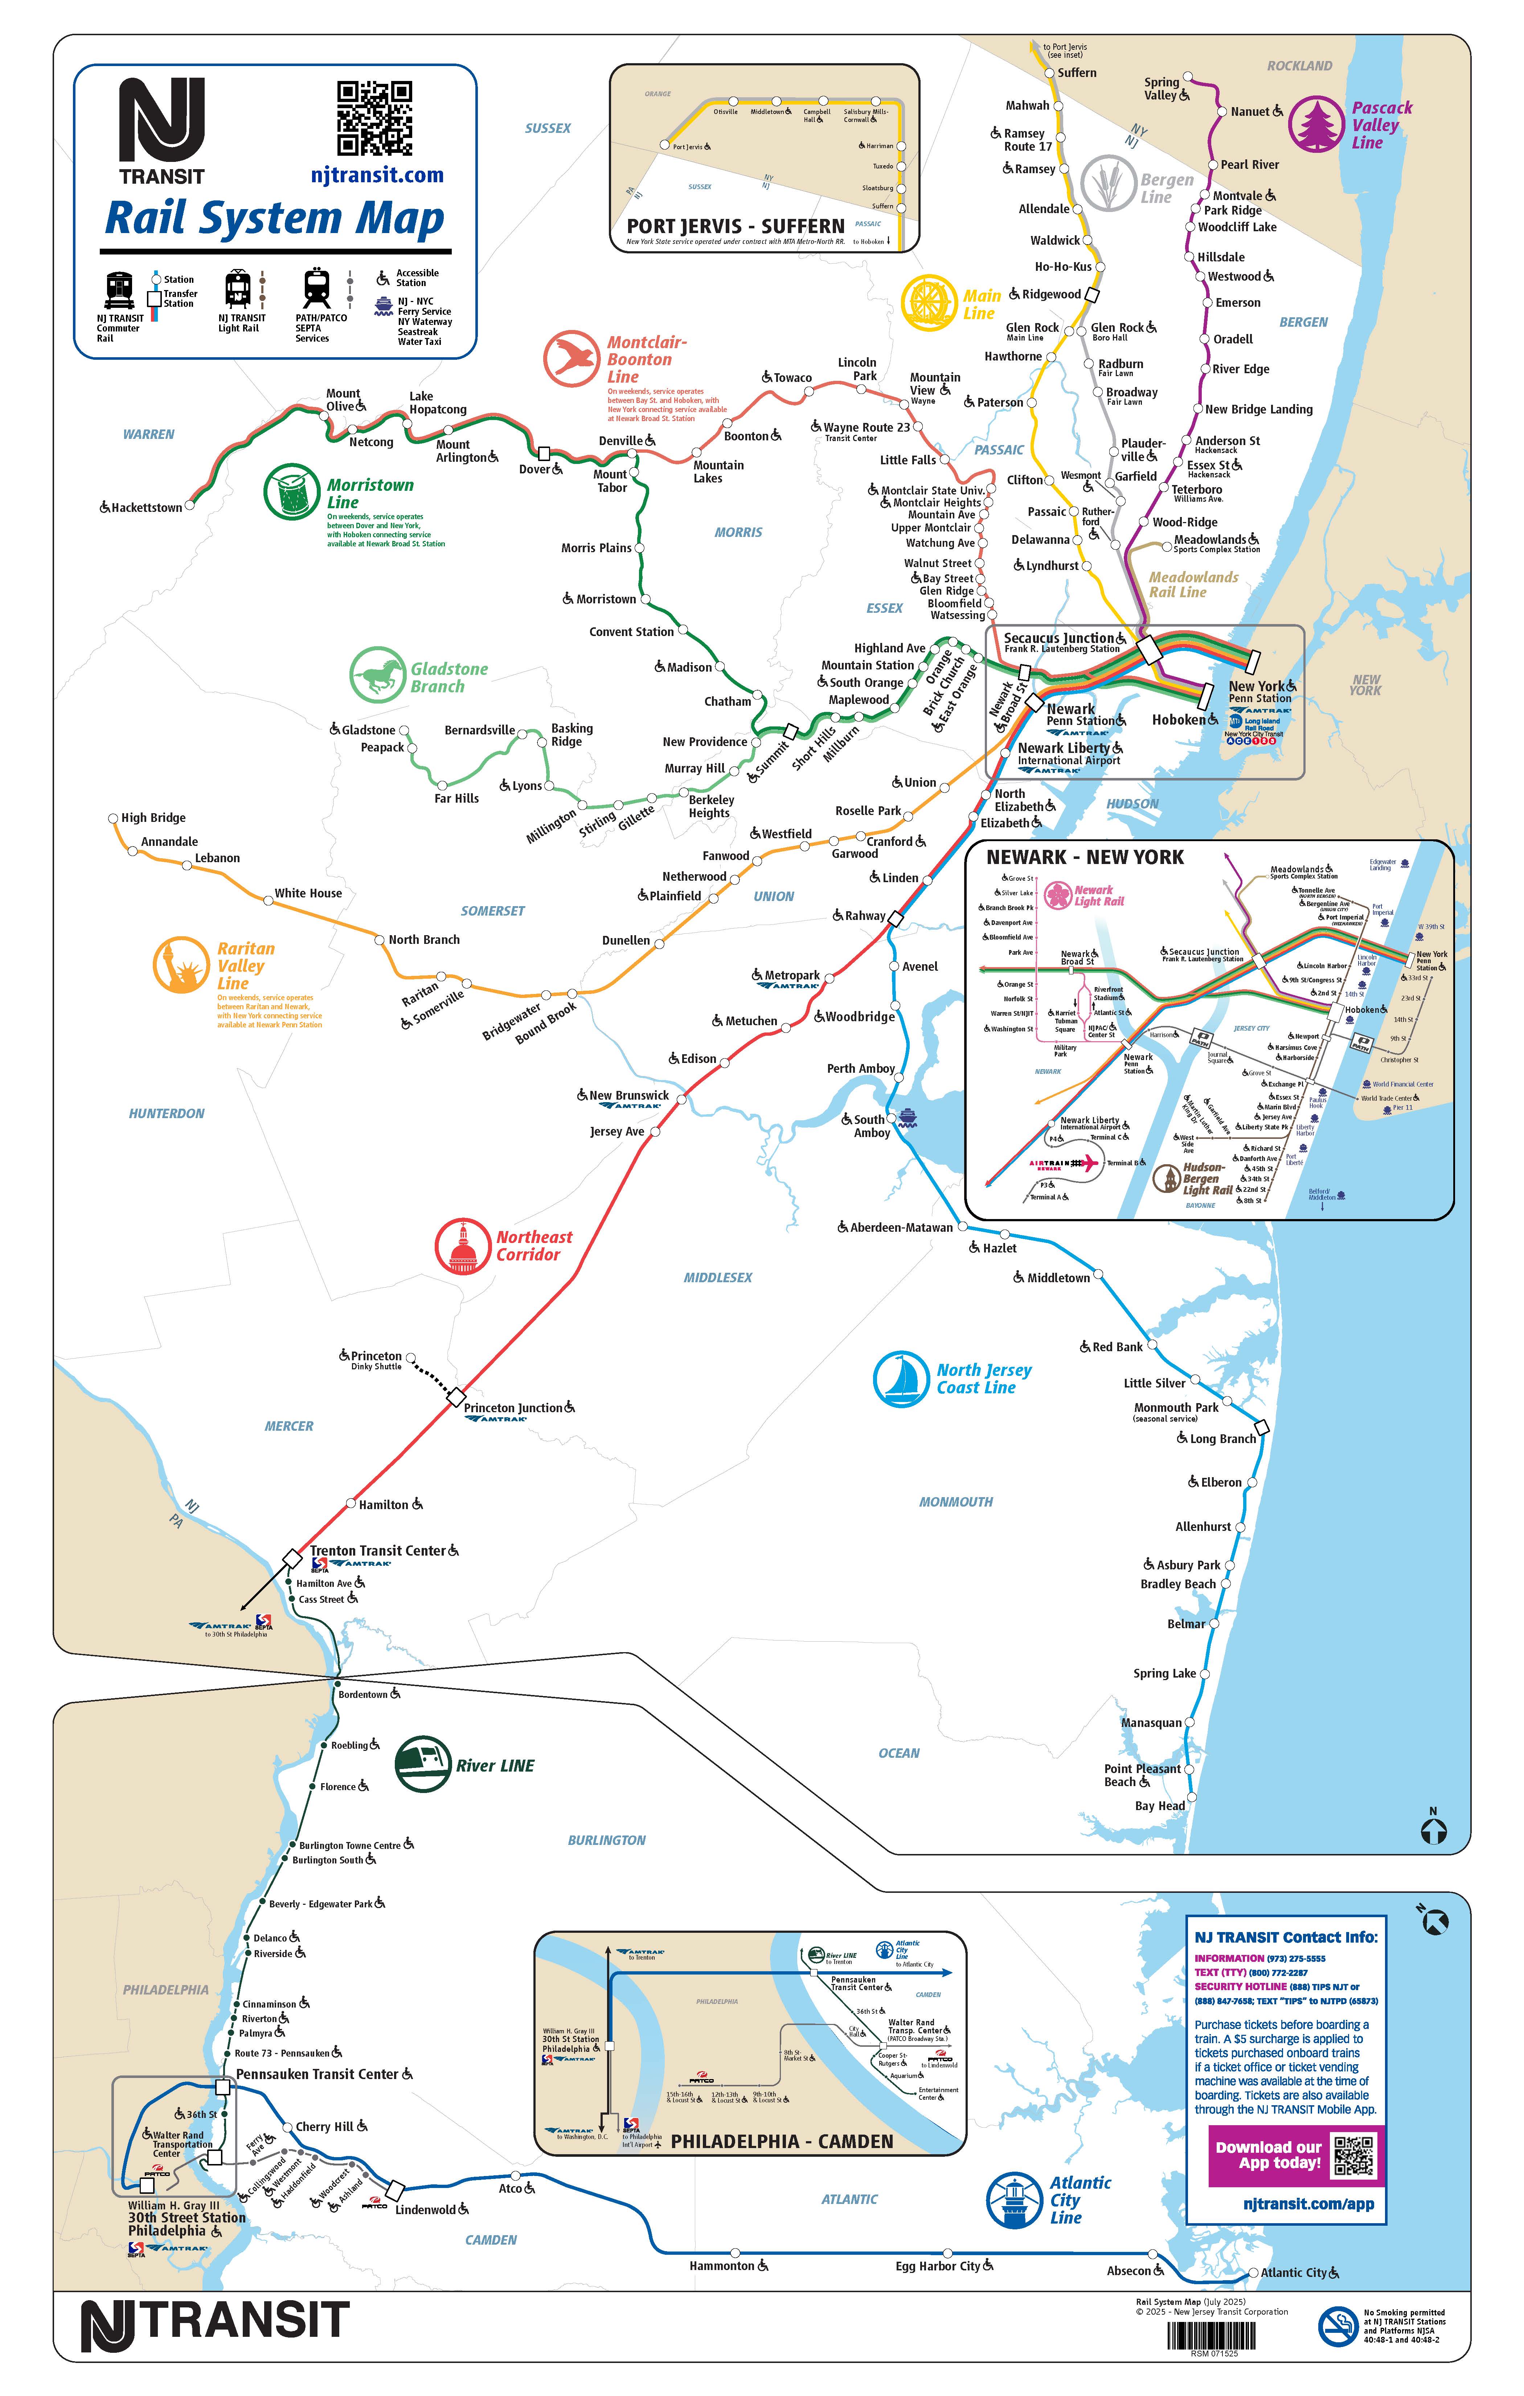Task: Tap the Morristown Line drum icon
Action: click(291, 492)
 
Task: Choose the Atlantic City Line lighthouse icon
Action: click(1014, 2200)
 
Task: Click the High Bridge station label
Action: click(153, 818)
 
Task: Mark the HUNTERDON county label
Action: click(166, 1113)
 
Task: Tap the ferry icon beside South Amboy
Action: click(907, 1117)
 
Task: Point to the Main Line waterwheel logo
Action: click(929, 302)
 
